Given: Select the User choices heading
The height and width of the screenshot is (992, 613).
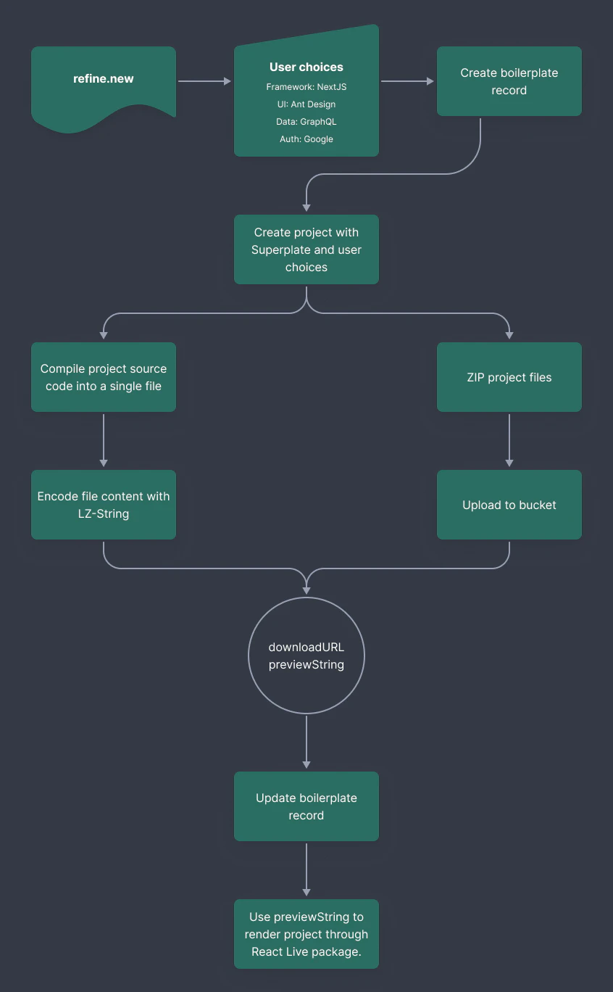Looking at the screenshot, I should point(306,67).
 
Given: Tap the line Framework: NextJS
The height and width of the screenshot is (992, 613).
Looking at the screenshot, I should point(306,86).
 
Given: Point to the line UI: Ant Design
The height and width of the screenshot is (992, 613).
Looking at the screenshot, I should point(306,104).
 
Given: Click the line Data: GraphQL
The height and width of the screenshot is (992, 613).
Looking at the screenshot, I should point(306,121).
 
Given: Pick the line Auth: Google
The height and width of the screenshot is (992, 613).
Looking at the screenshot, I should point(306,139).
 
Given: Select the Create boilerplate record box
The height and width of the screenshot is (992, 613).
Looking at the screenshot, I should point(509,81).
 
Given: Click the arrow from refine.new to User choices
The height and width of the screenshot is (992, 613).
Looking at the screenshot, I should point(204,81).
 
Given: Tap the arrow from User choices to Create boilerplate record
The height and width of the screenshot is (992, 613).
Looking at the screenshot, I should point(406,81).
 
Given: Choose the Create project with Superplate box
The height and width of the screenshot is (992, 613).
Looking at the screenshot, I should point(306,249).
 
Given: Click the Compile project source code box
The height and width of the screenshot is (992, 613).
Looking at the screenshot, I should point(103,377).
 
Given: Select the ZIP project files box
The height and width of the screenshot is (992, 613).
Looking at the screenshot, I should point(509,377).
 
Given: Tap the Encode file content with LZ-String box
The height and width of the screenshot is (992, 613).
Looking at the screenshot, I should point(103,505).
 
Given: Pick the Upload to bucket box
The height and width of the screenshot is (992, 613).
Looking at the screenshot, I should point(509,505).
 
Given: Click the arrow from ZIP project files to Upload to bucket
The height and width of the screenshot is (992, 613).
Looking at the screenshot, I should point(509,440).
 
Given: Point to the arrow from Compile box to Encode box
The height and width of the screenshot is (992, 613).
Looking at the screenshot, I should point(103,440).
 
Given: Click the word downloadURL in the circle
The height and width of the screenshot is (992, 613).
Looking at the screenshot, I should point(306,647).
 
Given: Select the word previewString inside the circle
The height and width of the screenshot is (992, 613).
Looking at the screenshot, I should point(306,664).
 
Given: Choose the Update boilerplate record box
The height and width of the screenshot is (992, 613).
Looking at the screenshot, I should point(306,806).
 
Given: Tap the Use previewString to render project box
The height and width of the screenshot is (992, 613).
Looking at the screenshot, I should point(306,934).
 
